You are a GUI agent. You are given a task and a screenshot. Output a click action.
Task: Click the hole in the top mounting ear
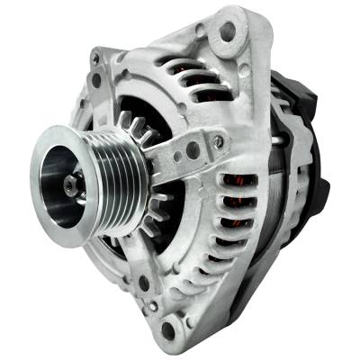[x=227, y=32]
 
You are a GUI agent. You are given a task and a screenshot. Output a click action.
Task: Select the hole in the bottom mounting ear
[x=167, y=331]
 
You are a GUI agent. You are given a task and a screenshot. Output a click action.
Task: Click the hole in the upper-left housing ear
[x=95, y=79]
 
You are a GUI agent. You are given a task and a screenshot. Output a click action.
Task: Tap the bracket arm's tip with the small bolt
[x=217, y=142]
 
